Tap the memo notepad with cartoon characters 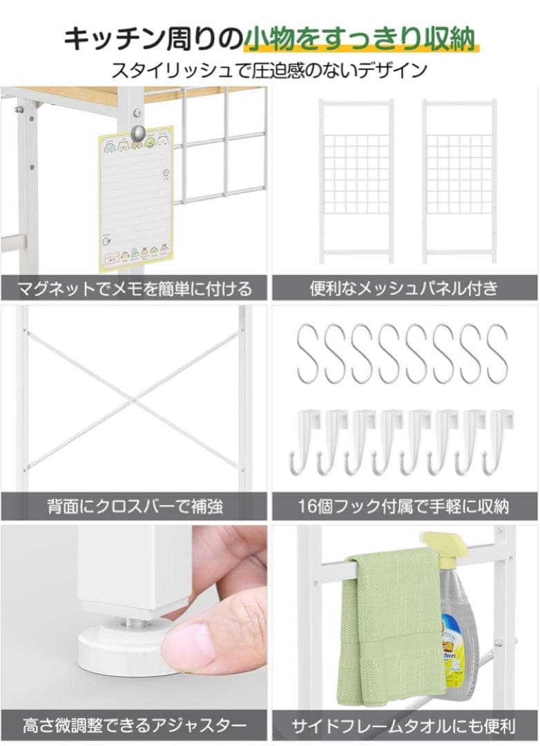pos(137,200)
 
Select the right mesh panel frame pos(459,181)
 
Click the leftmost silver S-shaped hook pos(308,353)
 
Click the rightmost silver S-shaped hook pos(497,353)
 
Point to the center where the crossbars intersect pos(133,399)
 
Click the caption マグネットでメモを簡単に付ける pos(134,287)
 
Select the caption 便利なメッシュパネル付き pos(404,287)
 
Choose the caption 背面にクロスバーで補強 pos(134,507)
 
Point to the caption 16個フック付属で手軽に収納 pos(404,507)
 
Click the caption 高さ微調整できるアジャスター pos(134,726)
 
